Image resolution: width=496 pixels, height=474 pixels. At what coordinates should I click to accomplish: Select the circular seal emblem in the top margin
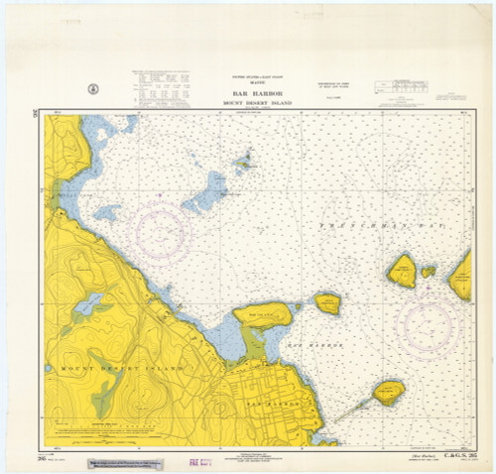coord(93,89)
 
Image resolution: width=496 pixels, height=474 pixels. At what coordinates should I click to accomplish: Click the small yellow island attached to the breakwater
coord(388,393)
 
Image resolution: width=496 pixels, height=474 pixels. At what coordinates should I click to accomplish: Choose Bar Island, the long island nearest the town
coord(263,315)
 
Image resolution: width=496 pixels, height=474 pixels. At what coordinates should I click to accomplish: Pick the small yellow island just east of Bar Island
coord(327,303)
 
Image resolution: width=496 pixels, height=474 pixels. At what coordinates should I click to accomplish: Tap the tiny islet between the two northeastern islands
coord(428,271)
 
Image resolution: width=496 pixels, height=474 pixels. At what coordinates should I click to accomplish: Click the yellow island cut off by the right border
coord(461,275)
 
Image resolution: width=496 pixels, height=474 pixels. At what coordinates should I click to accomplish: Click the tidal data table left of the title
coord(164,89)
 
